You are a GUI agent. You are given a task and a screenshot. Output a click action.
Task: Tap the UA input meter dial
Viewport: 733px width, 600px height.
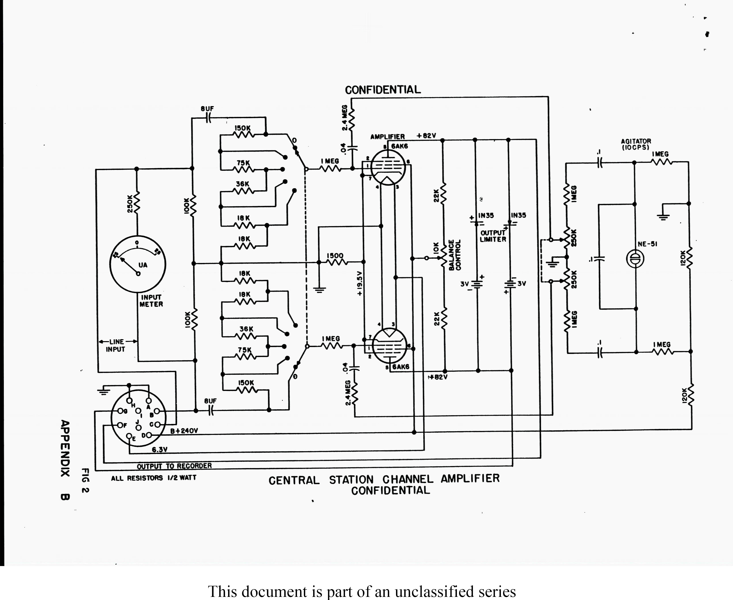[x=138, y=264]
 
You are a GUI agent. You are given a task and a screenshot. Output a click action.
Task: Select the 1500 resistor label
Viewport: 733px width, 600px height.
[x=335, y=256]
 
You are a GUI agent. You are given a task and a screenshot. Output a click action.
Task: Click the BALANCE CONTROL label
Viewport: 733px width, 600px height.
[x=455, y=255]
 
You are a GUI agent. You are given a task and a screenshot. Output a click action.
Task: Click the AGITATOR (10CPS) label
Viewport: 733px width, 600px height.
[x=636, y=144]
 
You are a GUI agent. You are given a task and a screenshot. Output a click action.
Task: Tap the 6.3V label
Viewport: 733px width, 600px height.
[x=160, y=450]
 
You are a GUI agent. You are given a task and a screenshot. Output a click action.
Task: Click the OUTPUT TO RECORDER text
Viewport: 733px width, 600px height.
[x=174, y=466]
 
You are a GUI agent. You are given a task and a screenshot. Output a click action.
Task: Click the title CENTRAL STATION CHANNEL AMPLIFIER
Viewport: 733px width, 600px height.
[x=384, y=480]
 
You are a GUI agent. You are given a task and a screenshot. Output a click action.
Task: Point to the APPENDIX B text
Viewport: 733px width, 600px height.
[x=65, y=460]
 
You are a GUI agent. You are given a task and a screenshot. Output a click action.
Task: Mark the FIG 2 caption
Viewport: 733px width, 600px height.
[x=85, y=480]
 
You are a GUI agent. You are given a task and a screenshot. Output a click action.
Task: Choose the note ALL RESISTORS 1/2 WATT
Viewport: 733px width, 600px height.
[x=153, y=478]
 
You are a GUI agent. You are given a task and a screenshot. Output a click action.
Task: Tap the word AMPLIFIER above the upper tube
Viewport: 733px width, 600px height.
[x=387, y=137]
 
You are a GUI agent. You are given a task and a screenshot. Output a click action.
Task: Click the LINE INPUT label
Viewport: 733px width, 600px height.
[x=116, y=345]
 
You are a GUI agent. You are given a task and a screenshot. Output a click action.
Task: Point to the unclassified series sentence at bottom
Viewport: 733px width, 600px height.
[x=362, y=591]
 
